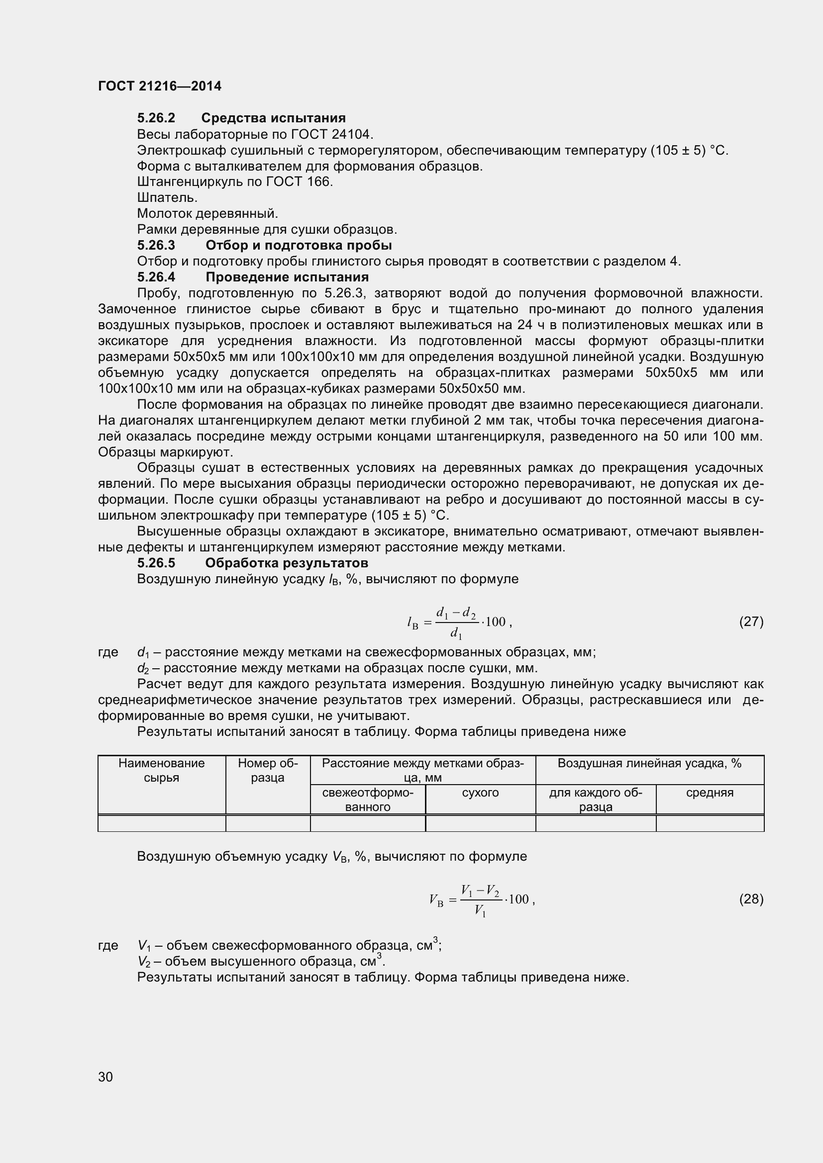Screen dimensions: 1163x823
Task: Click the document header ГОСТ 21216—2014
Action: coord(160,86)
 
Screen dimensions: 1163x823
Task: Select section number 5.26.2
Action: coord(156,118)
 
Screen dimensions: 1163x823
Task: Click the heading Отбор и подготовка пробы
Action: coord(299,246)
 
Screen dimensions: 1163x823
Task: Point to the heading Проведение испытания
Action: coord(287,277)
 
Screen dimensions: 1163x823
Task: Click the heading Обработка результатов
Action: coord(286,563)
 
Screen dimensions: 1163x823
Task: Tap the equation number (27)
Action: coord(751,622)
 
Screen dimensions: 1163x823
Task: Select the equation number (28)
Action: coord(751,899)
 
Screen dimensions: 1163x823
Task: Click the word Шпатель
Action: coord(167,197)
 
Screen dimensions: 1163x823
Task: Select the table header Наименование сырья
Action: coord(161,770)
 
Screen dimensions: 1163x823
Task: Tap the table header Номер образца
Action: coord(268,770)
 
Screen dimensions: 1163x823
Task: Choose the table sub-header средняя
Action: coord(710,793)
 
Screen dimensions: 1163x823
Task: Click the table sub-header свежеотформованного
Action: coord(367,800)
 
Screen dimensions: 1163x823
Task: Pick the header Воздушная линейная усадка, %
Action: coord(649,763)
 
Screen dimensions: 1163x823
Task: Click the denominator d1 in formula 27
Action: coord(456,633)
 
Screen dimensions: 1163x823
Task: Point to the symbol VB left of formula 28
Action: coord(436,900)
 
